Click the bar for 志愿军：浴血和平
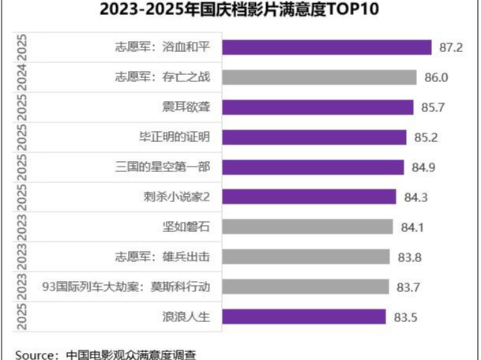pos(326,47)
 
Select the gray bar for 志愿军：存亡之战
pos(319,77)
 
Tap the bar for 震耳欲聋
pos(318,107)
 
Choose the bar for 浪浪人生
pos(304,317)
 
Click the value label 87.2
pos(451,48)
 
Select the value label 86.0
pos(436,77)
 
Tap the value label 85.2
pos(427,137)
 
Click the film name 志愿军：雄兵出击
pos(163,257)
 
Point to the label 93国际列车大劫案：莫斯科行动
pos(126,287)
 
